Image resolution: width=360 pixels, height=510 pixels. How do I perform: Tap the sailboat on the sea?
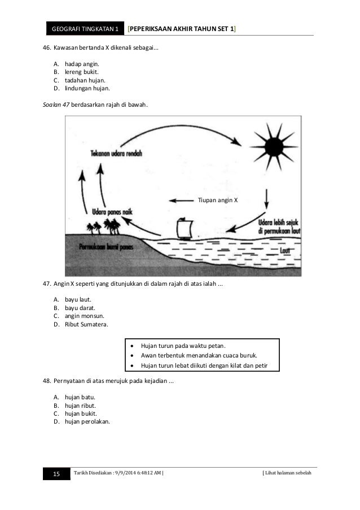coord(186,228)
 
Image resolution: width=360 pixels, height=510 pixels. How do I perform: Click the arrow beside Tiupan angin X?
coord(181,200)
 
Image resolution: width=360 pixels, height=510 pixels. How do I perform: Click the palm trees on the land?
coord(104,226)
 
